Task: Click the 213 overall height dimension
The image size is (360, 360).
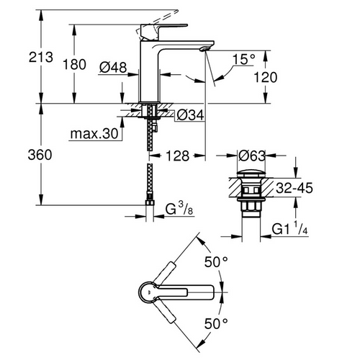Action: click(41, 58)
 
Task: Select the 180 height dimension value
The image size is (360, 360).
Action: click(74, 65)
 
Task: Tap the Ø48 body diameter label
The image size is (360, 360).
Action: click(113, 67)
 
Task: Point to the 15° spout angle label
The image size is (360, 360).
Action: click(244, 59)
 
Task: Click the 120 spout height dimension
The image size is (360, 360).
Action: click(266, 77)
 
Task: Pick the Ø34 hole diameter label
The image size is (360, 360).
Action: click(191, 115)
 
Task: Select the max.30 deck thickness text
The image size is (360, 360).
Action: click(94, 133)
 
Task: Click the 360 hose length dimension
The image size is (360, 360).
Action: click(40, 155)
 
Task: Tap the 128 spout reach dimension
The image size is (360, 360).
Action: click(178, 156)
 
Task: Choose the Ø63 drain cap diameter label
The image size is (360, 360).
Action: click(252, 156)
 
